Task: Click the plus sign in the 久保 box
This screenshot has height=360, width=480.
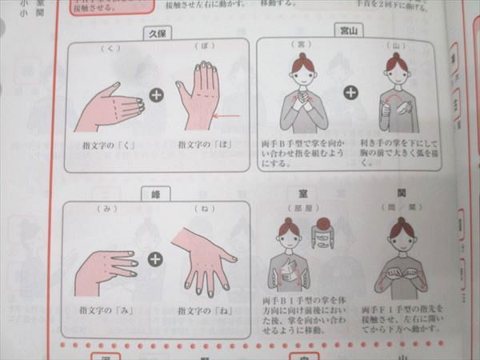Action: (x=156, y=95)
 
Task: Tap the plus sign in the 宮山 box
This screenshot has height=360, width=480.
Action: (x=350, y=92)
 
